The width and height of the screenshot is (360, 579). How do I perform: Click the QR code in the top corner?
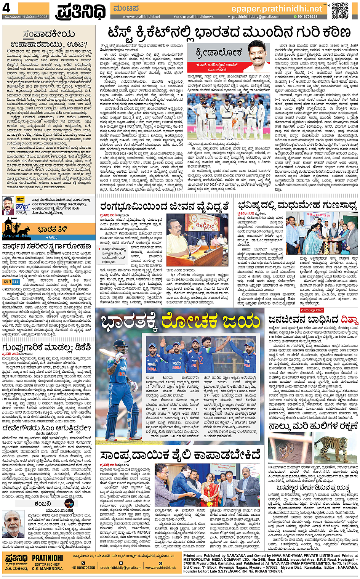pyautogui.click(x=340, y=11)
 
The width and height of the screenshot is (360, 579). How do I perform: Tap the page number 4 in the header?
pyautogui.click(x=6, y=8)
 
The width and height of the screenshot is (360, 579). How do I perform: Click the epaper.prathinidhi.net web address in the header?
pyautogui.click(x=277, y=8)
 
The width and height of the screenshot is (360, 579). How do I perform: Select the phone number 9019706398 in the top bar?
pyautogui.click(x=307, y=17)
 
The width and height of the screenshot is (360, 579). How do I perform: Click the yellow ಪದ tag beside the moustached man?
pyautogui.click(x=20, y=199)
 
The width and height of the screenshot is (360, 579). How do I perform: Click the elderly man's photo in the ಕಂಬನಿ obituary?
pyautogui.click(x=13, y=524)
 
